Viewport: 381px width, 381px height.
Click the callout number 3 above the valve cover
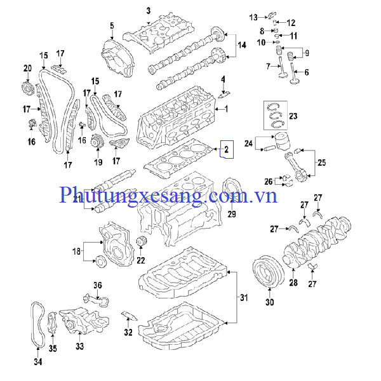tap(148, 11)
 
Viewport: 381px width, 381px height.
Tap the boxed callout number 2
tap(226, 150)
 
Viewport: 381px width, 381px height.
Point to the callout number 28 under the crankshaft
tap(293, 283)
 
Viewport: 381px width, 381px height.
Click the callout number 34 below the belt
tap(37, 362)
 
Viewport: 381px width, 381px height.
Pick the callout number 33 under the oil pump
tap(79, 346)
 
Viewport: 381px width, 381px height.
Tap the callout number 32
tap(128, 331)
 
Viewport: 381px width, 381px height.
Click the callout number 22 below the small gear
tap(140, 260)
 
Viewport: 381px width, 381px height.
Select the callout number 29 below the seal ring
tap(232, 213)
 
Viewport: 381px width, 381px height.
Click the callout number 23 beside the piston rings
tap(293, 116)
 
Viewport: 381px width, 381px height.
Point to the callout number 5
tap(111, 25)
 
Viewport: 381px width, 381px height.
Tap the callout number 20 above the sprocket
tap(27, 68)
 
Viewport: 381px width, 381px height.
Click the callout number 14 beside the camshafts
tap(241, 45)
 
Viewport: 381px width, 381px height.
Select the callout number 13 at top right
tap(253, 17)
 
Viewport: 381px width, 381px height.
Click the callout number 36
tap(98, 284)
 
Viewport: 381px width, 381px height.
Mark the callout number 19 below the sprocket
tap(98, 163)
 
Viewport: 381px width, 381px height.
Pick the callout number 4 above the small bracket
tap(223, 79)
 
